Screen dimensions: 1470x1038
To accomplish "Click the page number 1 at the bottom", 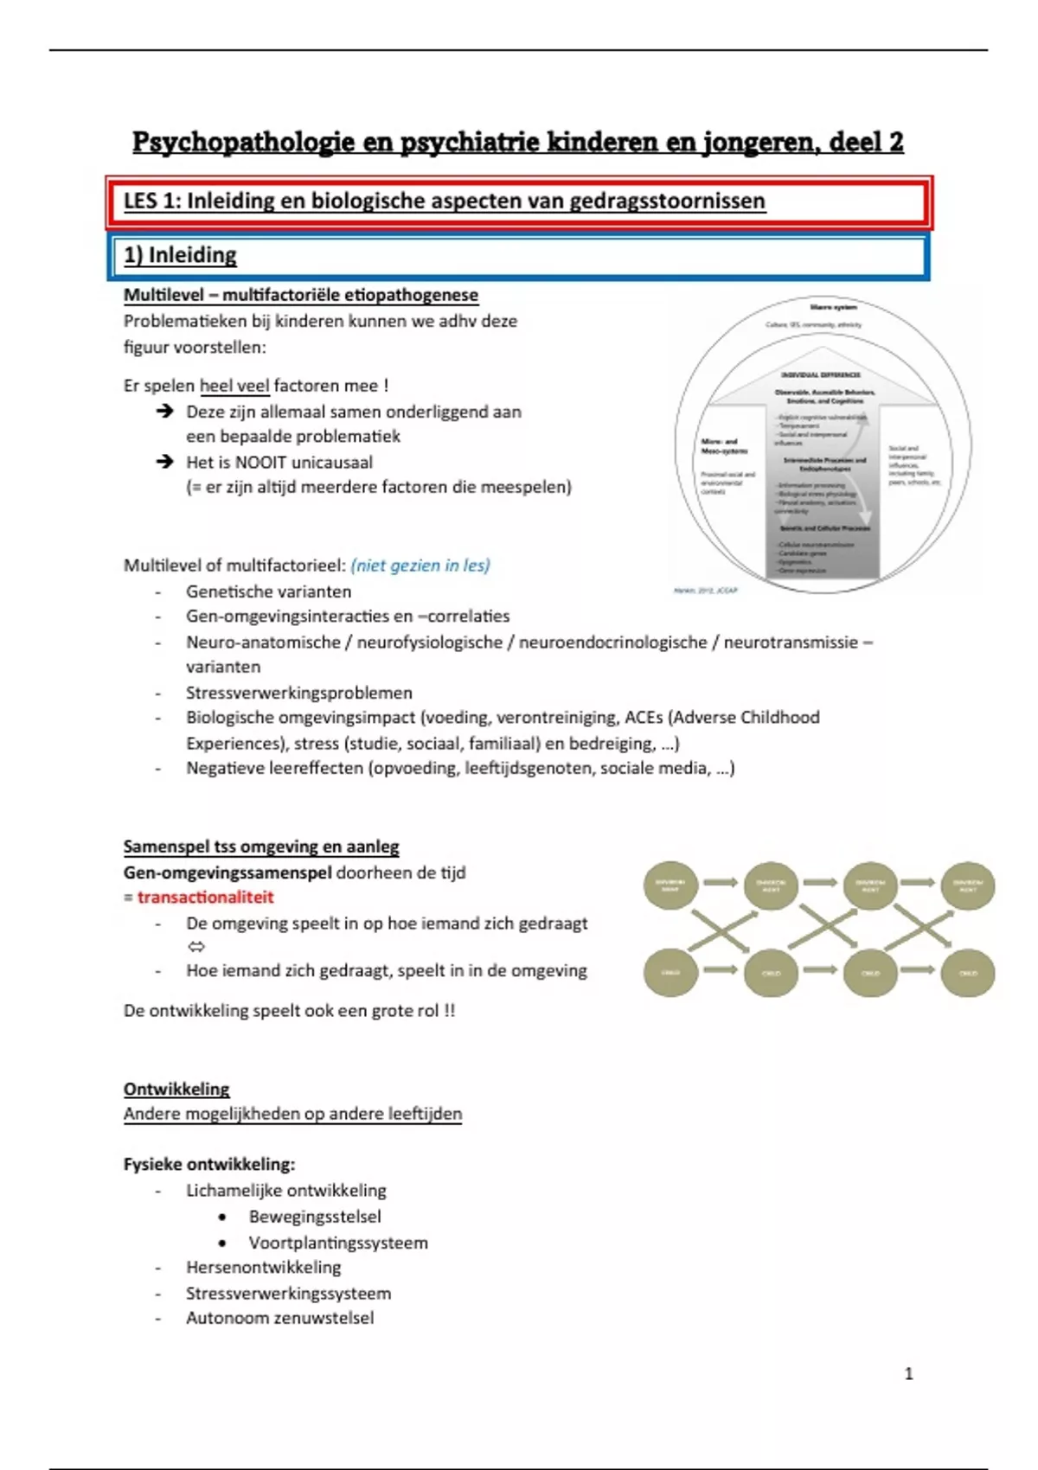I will [908, 1373].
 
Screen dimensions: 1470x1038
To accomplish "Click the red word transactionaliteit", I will [205, 898].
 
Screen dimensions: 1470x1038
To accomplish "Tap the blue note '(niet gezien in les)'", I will [420, 566].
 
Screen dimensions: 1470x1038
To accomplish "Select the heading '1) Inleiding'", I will [180, 255].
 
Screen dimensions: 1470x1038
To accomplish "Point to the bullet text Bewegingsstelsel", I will [315, 1217].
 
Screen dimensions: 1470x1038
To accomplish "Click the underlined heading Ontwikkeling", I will [176, 1089].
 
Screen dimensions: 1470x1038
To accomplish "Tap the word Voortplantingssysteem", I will [338, 1243].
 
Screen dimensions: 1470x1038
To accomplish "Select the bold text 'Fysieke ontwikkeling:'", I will [209, 1164].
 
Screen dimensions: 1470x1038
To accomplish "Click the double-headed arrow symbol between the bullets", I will [196, 947].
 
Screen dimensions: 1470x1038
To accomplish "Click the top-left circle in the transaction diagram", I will [670, 884].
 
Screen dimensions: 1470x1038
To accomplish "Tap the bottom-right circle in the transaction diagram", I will [968, 973].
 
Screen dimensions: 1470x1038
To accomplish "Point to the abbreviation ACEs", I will [644, 718].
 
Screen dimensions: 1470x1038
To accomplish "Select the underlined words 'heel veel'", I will [234, 386].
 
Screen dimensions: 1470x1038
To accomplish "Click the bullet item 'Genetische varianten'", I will [268, 591].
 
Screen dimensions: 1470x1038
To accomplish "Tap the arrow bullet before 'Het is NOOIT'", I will [165, 462].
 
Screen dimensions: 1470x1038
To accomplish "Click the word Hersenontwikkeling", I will [263, 1268].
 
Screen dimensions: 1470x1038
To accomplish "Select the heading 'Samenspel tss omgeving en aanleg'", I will [261, 847].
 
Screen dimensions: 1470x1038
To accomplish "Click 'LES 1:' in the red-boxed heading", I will [152, 201].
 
